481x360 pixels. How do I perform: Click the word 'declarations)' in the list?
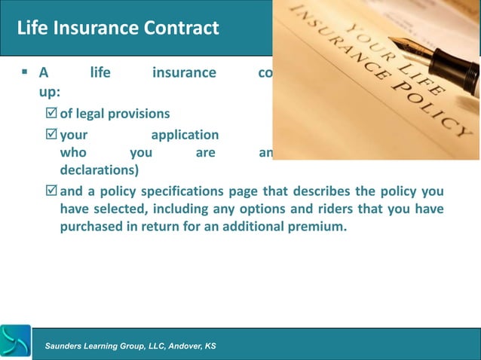pyautogui.click(x=96, y=170)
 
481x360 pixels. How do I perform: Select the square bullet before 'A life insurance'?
pyautogui.click(x=25, y=74)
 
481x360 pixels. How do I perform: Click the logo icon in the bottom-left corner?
pyautogui.click(x=16, y=342)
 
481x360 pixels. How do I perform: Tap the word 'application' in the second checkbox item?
pyautogui.click(x=185, y=136)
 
